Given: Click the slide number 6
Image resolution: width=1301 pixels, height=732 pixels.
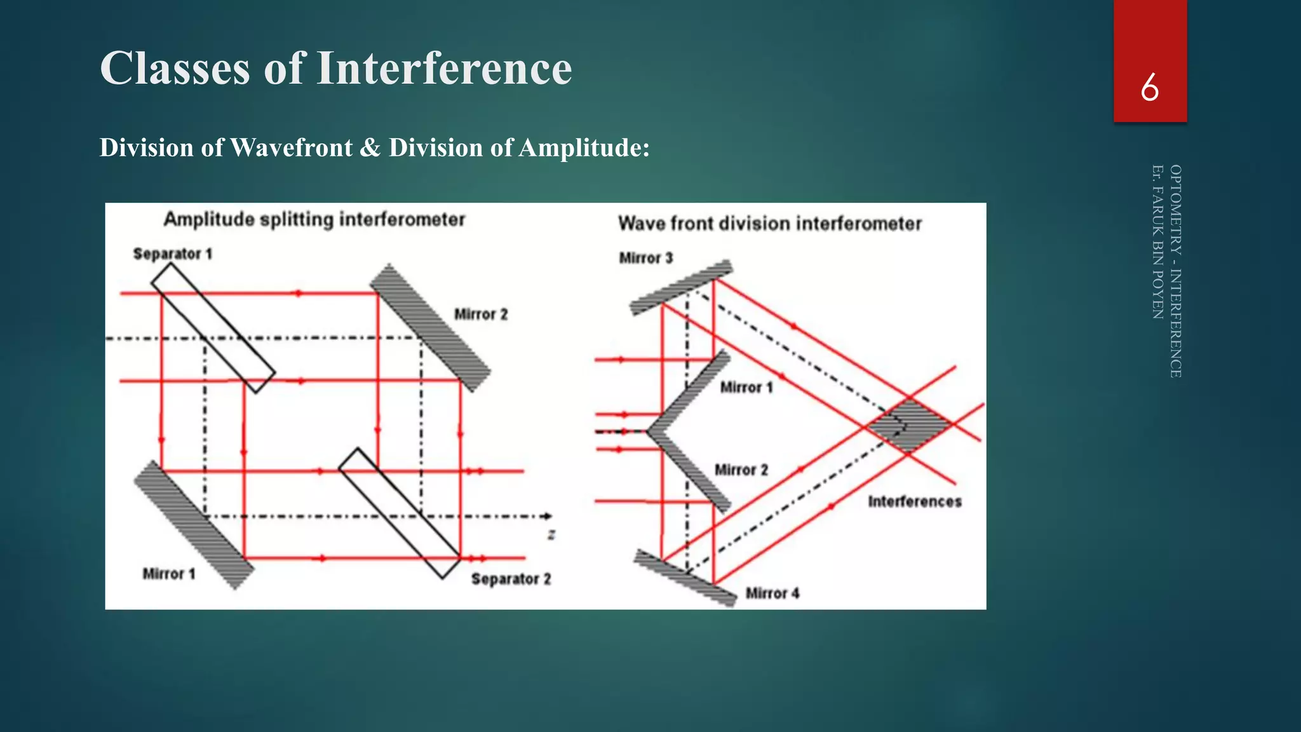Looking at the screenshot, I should pyautogui.click(x=1149, y=88).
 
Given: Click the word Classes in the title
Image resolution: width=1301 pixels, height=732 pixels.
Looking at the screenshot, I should pyautogui.click(x=175, y=68).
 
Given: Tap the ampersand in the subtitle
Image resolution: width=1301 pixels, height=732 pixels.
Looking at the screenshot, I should pyautogui.click(x=370, y=148).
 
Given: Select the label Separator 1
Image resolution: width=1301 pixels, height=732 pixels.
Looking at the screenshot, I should pyautogui.click(x=172, y=254).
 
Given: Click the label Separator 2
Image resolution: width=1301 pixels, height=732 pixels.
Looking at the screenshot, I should pyautogui.click(x=511, y=579).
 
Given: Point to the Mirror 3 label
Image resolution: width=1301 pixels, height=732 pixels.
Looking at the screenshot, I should pyautogui.click(x=645, y=258).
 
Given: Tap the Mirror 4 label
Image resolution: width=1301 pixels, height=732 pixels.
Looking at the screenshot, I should pyautogui.click(x=772, y=593).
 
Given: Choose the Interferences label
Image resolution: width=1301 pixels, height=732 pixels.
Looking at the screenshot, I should pyautogui.click(x=914, y=502).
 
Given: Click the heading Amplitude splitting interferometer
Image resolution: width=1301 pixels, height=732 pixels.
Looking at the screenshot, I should pyautogui.click(x=314, y=220).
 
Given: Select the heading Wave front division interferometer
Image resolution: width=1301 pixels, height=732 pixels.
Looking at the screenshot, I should pyautogui.click(x=769, y=224).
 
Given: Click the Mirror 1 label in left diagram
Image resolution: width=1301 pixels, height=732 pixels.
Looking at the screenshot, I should pyautogui.click(x=168, y=574).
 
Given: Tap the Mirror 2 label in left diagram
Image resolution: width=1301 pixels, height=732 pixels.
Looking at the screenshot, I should pyautogui.click(x=480, y=315).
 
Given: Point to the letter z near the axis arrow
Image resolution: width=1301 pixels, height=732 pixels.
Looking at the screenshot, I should pyautogui.click(x=551, y=535).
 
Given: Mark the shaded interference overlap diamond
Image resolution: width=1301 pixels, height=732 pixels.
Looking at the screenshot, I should pyautogui.click(x=910, y=425).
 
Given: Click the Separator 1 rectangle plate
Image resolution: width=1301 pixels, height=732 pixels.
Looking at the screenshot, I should pyautogui.click(x=213, y=328).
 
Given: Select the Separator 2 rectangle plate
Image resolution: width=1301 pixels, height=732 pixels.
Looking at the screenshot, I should pyautogui.click(x=400, y=513).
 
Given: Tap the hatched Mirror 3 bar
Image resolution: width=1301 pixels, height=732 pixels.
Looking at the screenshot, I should pyautogui.click(x=681, y=287).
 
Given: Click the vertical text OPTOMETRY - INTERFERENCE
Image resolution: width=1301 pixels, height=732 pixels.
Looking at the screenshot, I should pyautogui.click(x=1176, y=271).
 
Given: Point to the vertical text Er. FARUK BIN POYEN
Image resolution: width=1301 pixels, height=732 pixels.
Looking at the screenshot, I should pyautogui.click(x=1158, y=241).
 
